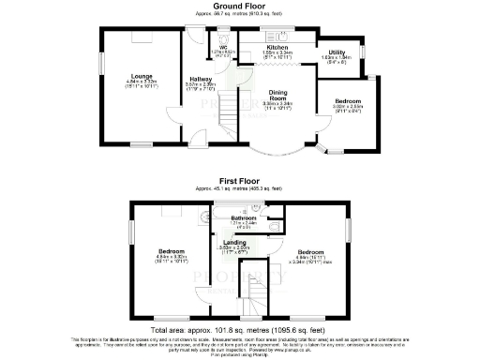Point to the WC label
[223, 45]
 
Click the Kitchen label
[277, 47]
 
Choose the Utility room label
[337, 52]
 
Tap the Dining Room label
[277, 95]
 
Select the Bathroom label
[243, 219]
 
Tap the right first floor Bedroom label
[311, 252]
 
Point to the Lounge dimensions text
[142, 84]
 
